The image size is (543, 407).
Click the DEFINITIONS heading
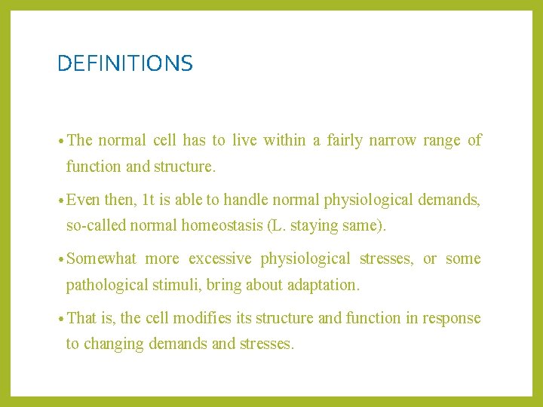(x=125, y=63)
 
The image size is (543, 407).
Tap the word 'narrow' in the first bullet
(x=392, y=140)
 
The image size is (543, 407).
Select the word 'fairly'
(x=344, y=140)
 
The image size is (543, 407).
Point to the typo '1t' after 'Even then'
(x=149, y=200)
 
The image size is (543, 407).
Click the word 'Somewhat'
(x=102, y=259)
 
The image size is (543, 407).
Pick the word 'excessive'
(x=219, y=259)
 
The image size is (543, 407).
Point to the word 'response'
(x=452, y=318)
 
